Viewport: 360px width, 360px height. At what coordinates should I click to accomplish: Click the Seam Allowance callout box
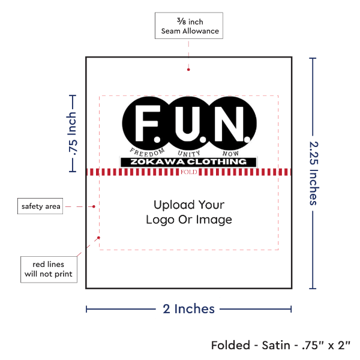coord(188,26)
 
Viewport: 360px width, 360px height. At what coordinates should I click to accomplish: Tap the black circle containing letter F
coord(146,122)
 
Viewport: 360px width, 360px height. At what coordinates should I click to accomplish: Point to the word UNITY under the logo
coord(188,154)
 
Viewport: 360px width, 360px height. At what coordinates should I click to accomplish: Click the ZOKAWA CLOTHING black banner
coord(188,162)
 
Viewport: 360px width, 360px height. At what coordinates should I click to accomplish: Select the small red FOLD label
coord(188,172)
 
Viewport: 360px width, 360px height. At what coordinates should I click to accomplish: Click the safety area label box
coord(41,206)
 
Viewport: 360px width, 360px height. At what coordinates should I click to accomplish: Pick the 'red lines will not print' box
coord(49,269)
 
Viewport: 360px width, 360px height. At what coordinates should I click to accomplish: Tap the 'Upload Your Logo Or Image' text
coord(188,212)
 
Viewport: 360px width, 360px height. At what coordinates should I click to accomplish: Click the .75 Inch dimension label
coord(73,133)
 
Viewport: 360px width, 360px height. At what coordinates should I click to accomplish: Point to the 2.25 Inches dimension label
coord(314,173)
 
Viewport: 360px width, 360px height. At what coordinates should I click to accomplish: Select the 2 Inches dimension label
coord(188,309)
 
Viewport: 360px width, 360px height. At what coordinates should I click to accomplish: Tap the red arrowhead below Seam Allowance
coord(188,69)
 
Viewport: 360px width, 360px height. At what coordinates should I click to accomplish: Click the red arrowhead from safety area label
coord(94,206)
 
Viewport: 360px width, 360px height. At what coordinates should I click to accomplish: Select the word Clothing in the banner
coord(219,162)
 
